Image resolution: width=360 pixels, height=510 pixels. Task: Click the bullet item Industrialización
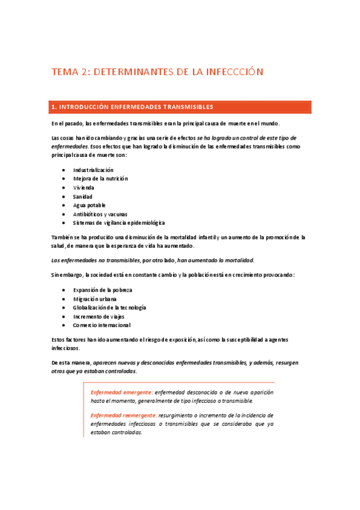pyautogui.click(x=93, y=170)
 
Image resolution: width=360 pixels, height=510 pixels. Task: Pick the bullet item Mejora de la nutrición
pyautogui.click(x=100, y=179)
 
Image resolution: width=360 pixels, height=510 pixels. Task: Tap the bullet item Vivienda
pyautogui.click(x=84, y=188)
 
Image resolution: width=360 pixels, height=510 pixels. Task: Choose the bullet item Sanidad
pyautogui.click(x=82, y=196)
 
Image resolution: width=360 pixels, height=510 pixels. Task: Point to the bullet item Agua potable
pyautogui.click(x=89, y=205)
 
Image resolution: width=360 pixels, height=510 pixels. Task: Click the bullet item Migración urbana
pyautogui.click(x=95, y=298)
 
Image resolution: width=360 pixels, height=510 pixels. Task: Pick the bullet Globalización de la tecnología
pyautogui.click(x=109, y=307)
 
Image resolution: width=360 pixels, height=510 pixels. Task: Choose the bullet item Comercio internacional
pyautogui.click(x=102, y=325)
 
